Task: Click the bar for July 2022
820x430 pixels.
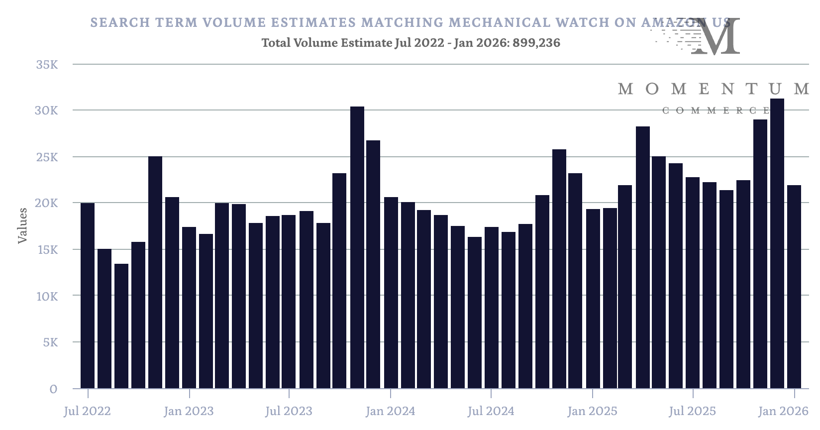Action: [x=88, y=296]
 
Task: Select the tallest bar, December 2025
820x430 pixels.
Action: [x=777, y=243]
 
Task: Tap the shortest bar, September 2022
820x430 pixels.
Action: [x=121, y=326]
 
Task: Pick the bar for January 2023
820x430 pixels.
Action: [x=189, y=308]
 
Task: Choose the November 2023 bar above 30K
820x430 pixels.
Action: [x=357, y=247]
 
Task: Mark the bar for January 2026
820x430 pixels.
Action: [x=794, y=287]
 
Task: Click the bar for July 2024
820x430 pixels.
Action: [x=492, y=308]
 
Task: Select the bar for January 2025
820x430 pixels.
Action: [x=593, y=299]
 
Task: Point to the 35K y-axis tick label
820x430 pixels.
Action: [x=47, y=65]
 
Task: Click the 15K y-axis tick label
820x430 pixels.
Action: [x=47, y=250]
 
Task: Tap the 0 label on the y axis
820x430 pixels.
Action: [x=53, y=389]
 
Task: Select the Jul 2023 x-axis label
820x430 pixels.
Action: [x=289, y=412]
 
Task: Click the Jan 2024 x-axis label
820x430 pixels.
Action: [x=390, y=412]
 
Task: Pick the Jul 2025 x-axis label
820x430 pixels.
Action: [x=692, y=412]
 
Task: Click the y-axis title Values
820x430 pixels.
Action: [x=22, y=225]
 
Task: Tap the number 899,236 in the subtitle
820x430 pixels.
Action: [x=536, y=43]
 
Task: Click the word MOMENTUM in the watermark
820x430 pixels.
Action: [x=714, y=89]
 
